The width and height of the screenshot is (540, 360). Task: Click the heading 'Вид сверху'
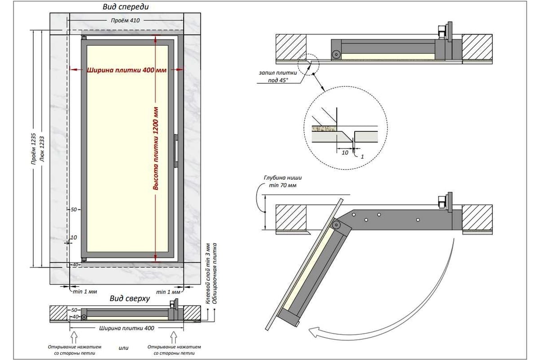pyautogui.click(x=129, y=298)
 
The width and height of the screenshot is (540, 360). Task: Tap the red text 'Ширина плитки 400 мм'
pyautogui.click(x=126, y=70)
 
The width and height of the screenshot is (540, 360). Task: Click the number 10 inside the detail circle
pyautogui.click(x=344, y=152)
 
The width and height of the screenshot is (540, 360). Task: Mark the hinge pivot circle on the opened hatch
pyautogui.click(x=336, y=224)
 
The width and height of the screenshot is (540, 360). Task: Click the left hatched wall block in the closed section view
pyautogui.click(x=291, y=46)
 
